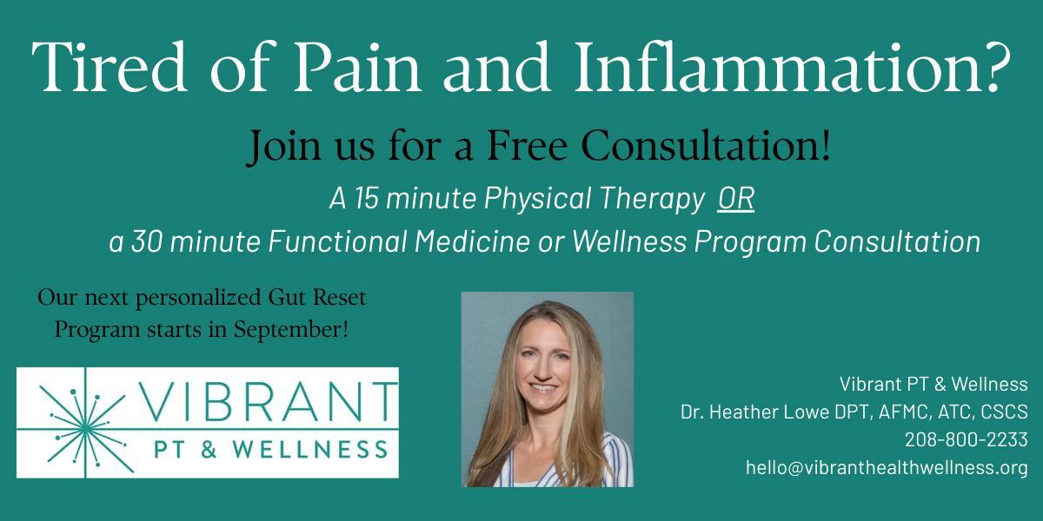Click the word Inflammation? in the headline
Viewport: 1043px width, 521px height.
(793, 67)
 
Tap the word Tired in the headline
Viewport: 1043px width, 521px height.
(110, 67)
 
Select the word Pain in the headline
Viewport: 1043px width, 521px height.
(356, 68)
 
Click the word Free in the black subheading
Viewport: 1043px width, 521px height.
(527, 146)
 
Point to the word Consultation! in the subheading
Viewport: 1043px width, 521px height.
(706, 146)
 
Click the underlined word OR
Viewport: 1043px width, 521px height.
(735, 199)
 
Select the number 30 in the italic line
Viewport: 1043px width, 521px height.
(146, 242)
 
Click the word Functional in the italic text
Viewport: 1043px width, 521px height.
(337, 241)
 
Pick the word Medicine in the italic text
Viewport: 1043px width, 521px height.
(472, 241)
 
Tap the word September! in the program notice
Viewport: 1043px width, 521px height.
(291, 330)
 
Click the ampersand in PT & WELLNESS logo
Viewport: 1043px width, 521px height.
(209, 450)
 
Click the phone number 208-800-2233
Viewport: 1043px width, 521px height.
(967, 439)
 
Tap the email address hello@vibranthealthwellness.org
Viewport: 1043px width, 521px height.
(887, 467)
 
